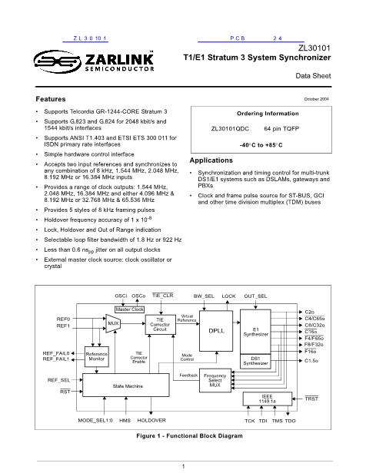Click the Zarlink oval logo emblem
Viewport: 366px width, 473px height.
point(58,62)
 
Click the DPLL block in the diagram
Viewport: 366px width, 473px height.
point(216,331)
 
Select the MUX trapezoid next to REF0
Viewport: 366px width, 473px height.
point(113,323)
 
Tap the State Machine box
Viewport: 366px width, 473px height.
point(126,385)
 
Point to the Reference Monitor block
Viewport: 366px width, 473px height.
point(97,356)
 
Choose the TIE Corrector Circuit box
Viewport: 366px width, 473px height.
point(161,325)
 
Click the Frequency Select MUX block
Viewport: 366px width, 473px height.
point(215,380)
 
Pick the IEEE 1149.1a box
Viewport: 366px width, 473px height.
point(268,399)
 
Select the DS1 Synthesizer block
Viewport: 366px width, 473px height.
point(255,361)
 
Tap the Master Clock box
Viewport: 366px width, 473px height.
point(129,309)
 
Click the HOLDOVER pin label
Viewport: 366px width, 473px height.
point(151,420)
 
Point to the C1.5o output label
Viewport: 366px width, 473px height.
point(311,361)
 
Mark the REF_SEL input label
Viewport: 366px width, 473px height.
point(58,380)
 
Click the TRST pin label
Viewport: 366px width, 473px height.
point(311,399)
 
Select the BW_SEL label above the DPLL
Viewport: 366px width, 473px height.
point(204,296)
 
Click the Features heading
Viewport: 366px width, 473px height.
point(51,99)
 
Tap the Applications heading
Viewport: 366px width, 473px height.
point(211,160)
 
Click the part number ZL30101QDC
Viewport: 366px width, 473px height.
point(230,129)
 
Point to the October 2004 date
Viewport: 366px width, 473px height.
point(317,99)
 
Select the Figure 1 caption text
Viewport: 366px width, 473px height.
point(189,436)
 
